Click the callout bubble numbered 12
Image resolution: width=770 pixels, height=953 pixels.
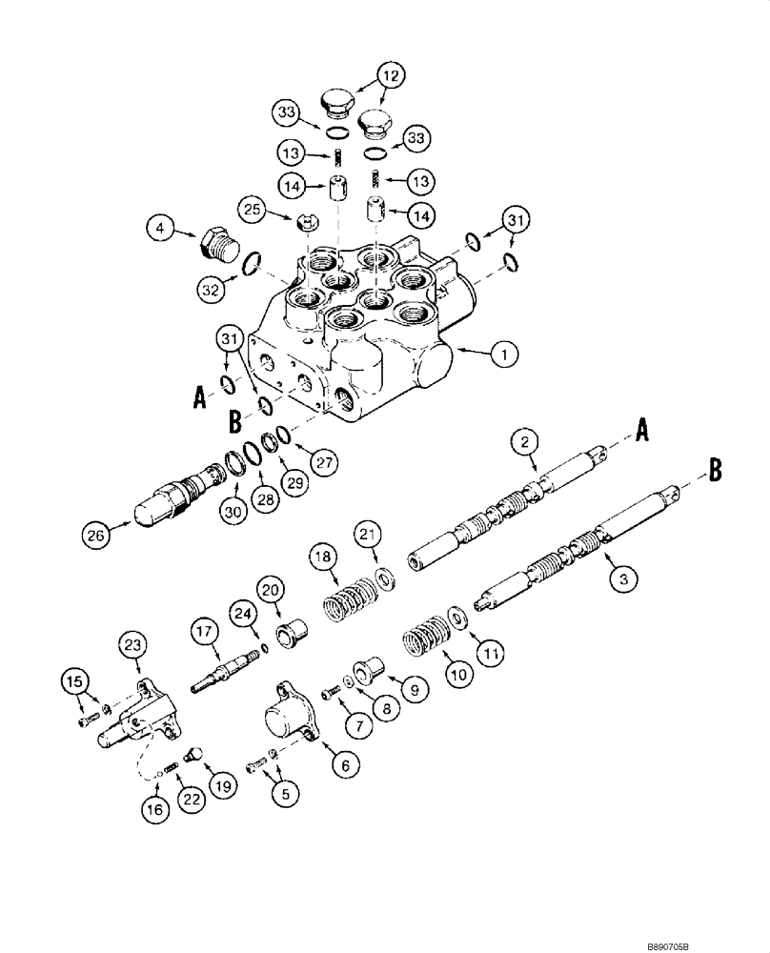(x=390, y=73)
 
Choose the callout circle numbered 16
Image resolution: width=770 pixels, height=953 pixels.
(x=157, y=809)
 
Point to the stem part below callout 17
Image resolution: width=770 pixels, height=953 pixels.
(x=225, y=673)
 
